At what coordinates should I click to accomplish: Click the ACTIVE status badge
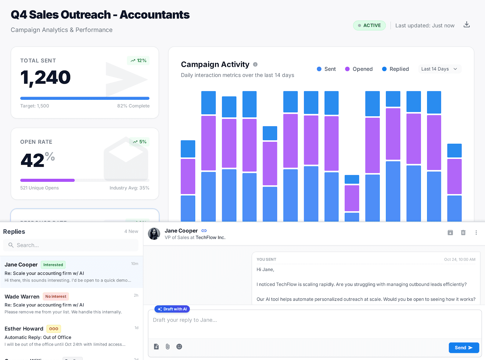369,25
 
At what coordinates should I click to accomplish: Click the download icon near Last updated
466,25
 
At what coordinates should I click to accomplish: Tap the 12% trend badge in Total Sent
138,60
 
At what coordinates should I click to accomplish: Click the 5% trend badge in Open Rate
139,142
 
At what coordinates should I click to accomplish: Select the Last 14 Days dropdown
439,69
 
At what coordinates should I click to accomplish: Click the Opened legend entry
359,69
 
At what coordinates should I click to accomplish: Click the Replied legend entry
395,69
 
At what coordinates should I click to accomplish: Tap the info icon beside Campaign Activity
255,64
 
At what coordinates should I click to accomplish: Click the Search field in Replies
71,245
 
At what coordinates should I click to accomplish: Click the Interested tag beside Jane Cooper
53,265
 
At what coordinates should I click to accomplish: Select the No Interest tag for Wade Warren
56,296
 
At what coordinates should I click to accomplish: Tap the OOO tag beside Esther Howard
54,329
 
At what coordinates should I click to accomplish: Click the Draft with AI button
172,309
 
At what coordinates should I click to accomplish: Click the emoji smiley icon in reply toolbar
179,347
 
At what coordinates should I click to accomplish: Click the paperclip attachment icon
167,347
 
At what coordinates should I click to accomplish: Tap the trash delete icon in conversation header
463,232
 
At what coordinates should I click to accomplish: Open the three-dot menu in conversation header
476,232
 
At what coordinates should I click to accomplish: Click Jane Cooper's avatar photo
154,234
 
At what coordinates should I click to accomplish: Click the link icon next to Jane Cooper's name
204,231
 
